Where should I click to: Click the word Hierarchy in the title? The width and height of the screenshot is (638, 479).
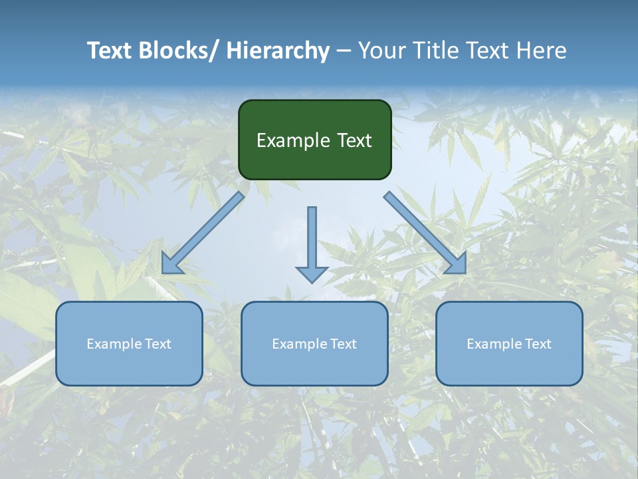point(278,51)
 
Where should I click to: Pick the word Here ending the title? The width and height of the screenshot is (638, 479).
point(540,51)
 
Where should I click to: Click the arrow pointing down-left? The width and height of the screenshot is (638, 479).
point(203,234)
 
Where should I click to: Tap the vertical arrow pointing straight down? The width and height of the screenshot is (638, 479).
point(312,239)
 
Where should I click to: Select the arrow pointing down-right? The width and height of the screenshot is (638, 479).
point(425,234)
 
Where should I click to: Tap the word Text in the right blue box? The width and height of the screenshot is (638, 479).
point(538,344)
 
